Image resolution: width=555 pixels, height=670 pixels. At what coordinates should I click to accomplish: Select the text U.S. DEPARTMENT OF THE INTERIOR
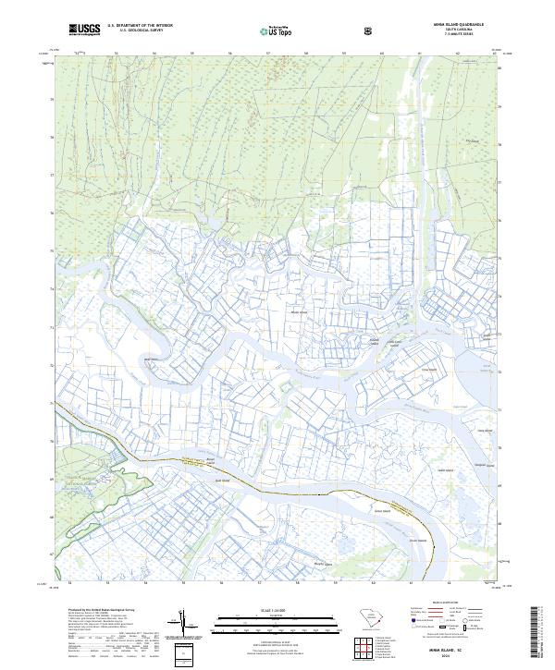[x=140, y=26]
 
